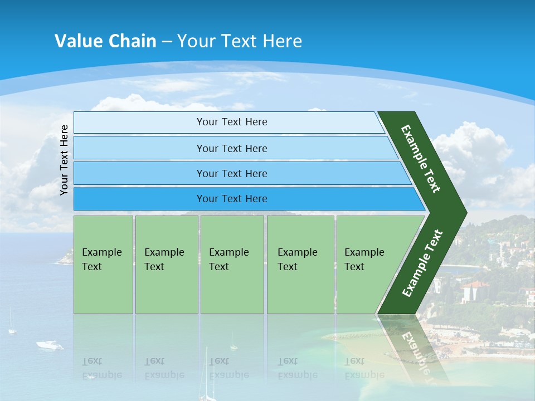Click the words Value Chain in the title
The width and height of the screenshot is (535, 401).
click(x=105, y=41)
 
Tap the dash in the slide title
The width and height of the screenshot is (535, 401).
click(x=167, y=42)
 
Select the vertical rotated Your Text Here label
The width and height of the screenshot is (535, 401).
click(x=64, y=160)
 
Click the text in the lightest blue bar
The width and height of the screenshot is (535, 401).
click(x=232, y=122)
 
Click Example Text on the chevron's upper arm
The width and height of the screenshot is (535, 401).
click(x=421, y=159)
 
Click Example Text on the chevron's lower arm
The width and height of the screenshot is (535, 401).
click(x=422, y=263)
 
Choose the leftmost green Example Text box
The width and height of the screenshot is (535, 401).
click(x=103, y=265)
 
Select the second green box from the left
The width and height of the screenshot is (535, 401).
click(x=166, y=265)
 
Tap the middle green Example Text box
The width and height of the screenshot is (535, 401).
click(x=232, y=265)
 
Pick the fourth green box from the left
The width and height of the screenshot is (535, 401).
click(x=300, y=265)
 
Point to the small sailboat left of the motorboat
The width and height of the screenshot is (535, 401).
click(x=12, y=329)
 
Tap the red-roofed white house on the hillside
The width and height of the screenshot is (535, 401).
click(x=474, y=290)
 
